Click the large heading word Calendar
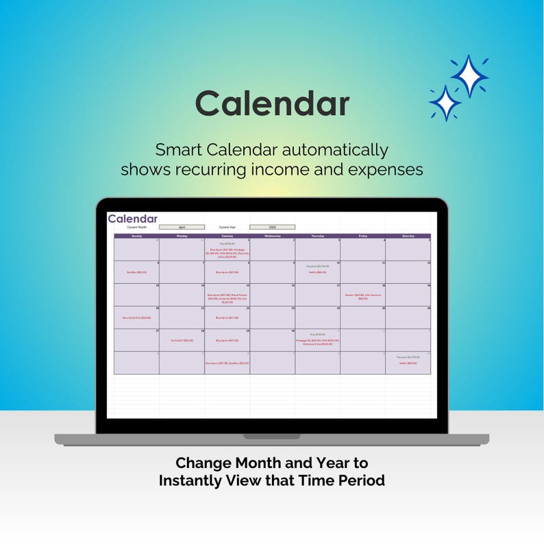pos(272,104)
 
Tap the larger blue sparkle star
pos(469,76)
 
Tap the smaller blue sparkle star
pos(445,103)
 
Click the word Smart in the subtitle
pos(180,150)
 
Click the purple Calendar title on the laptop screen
pos(132,219)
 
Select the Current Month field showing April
pos(182,227)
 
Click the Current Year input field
pos(272,227)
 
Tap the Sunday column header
pos(136,236)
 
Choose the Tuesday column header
pos(227,236)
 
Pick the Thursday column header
pos(317,236)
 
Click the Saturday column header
pos(408,236)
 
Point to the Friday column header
pos(362,236)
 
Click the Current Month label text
pos(137,227)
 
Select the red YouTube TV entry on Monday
pos(182,341)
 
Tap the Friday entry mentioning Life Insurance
pos(362,297)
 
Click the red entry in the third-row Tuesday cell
pos(227,298)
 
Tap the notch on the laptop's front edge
pos(272,436)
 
